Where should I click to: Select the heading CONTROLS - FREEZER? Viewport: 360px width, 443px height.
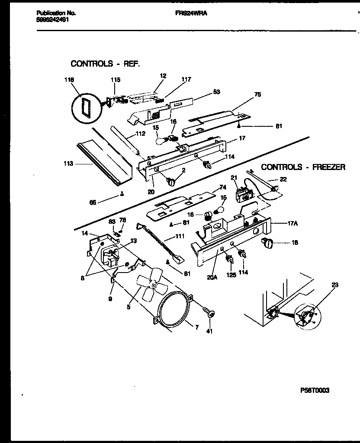303,167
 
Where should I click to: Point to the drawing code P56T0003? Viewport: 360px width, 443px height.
315,390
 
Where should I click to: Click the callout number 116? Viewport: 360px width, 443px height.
69,80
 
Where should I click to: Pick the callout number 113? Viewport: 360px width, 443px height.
68,164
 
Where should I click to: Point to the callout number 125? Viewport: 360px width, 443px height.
231,274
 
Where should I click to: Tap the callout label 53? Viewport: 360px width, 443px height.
216,92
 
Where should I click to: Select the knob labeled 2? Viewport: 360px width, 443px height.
171,181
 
